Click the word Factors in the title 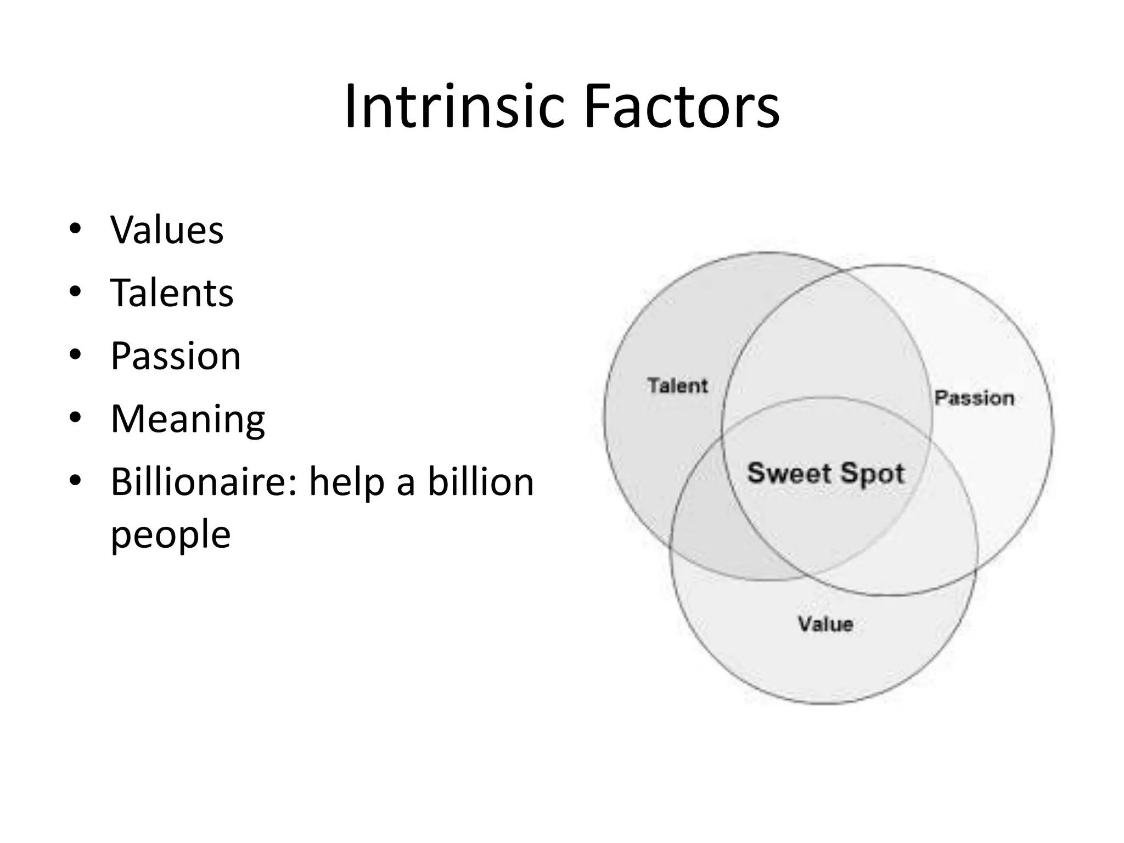[682, 106]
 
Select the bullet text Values [167, 229]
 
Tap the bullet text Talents [172, 293]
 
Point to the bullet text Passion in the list [176, 356]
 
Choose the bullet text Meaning [188, 419]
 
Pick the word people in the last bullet [171, 534]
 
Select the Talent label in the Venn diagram [678, 385]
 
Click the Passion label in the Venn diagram [974, 398]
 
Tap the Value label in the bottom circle [825, 624]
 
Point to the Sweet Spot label [825, 473]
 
